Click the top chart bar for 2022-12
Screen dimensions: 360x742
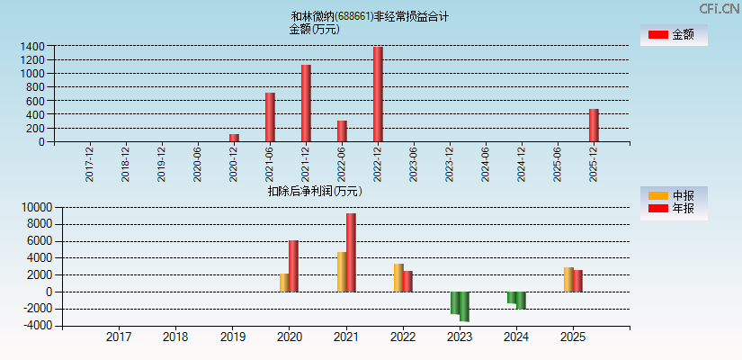point(378,94)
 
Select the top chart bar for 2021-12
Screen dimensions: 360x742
point(306,103)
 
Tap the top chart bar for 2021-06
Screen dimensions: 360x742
point(270,117)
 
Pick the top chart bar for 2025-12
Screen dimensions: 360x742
point(594,125)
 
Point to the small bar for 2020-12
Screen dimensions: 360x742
point(234,138)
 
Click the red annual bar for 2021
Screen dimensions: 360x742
point(351,252)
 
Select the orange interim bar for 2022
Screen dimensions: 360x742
point(398,277)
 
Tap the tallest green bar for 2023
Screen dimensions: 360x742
point(464,306)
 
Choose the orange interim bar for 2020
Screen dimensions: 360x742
point(284,283)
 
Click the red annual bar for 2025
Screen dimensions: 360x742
point(578,281)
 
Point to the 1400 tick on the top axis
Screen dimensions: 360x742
point(32,46)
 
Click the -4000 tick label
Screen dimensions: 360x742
point(36,326)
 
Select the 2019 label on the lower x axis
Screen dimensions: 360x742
point(232,337)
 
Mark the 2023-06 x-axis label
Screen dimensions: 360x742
point(414,164)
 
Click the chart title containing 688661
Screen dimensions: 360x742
point(370,16)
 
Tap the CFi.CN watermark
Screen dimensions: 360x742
point(718,9)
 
